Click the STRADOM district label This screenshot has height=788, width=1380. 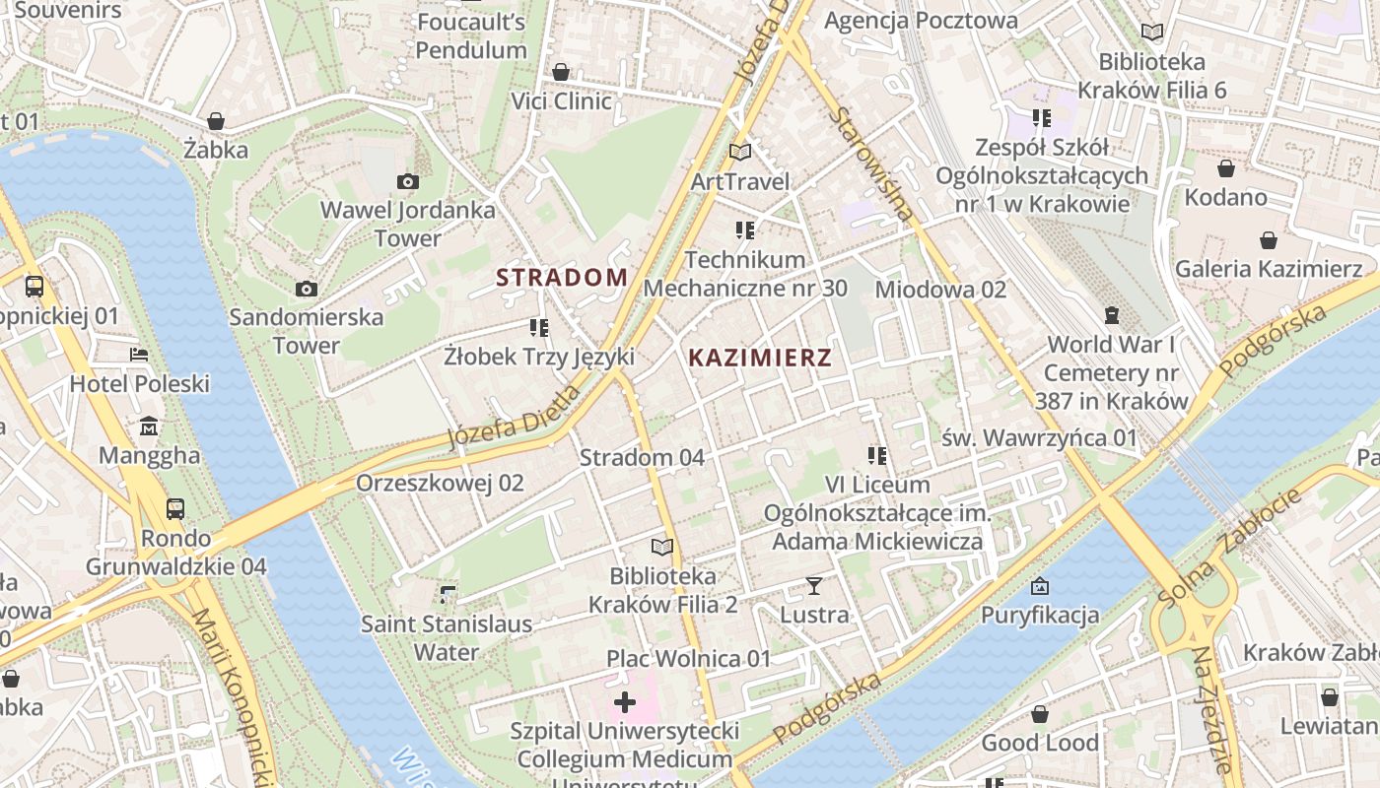pyautogui.click(x=562, y=277)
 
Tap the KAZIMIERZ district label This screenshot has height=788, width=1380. pyautogui.click(x=760, y=358)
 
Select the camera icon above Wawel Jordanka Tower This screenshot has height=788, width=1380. pyautogui.click(x=407, y=181)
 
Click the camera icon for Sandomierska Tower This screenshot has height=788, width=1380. pyautogui.click(x=307, y=289)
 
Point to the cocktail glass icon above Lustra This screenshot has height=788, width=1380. pyautogui.click(x=813, y=586)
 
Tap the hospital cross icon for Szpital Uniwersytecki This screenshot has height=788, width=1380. pyautogui.click(x=625, y=702)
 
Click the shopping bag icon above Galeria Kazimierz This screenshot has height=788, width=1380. pyautogui.click(x=1269, y=240)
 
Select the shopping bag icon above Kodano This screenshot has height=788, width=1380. pyautogui.click(x=1226, y=168)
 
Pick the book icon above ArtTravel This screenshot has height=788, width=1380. pyautogui.click(x=740, y=152)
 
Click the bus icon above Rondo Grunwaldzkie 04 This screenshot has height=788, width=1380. pyautogui.click(x=175, y=509)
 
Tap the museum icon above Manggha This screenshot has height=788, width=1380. pyautogui.click(x=149, y=427)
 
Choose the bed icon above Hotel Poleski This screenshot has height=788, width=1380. pyautogui.click(x=139, y=355)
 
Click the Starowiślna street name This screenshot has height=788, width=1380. pyautogui.click(x=871, y=163)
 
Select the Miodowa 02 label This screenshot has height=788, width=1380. pyautogui.click(x=940, y=289)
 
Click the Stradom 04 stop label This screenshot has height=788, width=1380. pyautogui.click(x=642, y=457)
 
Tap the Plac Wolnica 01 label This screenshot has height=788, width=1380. pyautogui.click(x=688, y=658)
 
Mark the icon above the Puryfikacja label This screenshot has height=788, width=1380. pyautogui.click(x=1039, y=587)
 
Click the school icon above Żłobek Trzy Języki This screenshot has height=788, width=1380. pyautogui.click(x=538, y=327)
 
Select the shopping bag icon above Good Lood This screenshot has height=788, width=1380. pyautogui.click(x=1039, y=714)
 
